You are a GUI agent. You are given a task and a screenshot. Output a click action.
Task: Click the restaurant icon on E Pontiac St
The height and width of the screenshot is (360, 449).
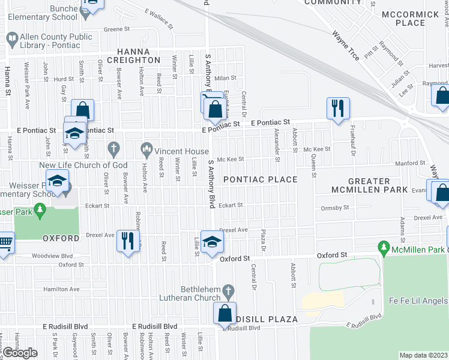pos(338,109)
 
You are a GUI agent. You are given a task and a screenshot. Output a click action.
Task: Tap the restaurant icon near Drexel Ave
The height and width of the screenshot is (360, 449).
pos(127,241)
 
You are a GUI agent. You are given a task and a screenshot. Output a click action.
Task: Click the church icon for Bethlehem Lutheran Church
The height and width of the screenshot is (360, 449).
pos(228,292)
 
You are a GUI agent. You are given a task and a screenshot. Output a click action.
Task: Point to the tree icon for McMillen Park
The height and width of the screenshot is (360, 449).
pos(384,247)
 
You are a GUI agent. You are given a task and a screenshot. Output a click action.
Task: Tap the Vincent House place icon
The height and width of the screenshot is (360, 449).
pos(146,148)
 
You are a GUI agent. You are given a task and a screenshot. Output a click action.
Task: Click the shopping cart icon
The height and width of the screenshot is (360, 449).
pos(5,243)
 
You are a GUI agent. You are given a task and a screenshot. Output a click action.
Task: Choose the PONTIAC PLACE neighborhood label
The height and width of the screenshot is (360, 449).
pos(261,179)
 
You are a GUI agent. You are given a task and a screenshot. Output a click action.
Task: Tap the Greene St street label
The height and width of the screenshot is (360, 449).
pos(116,29)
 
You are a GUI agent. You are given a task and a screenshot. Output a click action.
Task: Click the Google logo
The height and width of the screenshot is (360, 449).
pos(20,353)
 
